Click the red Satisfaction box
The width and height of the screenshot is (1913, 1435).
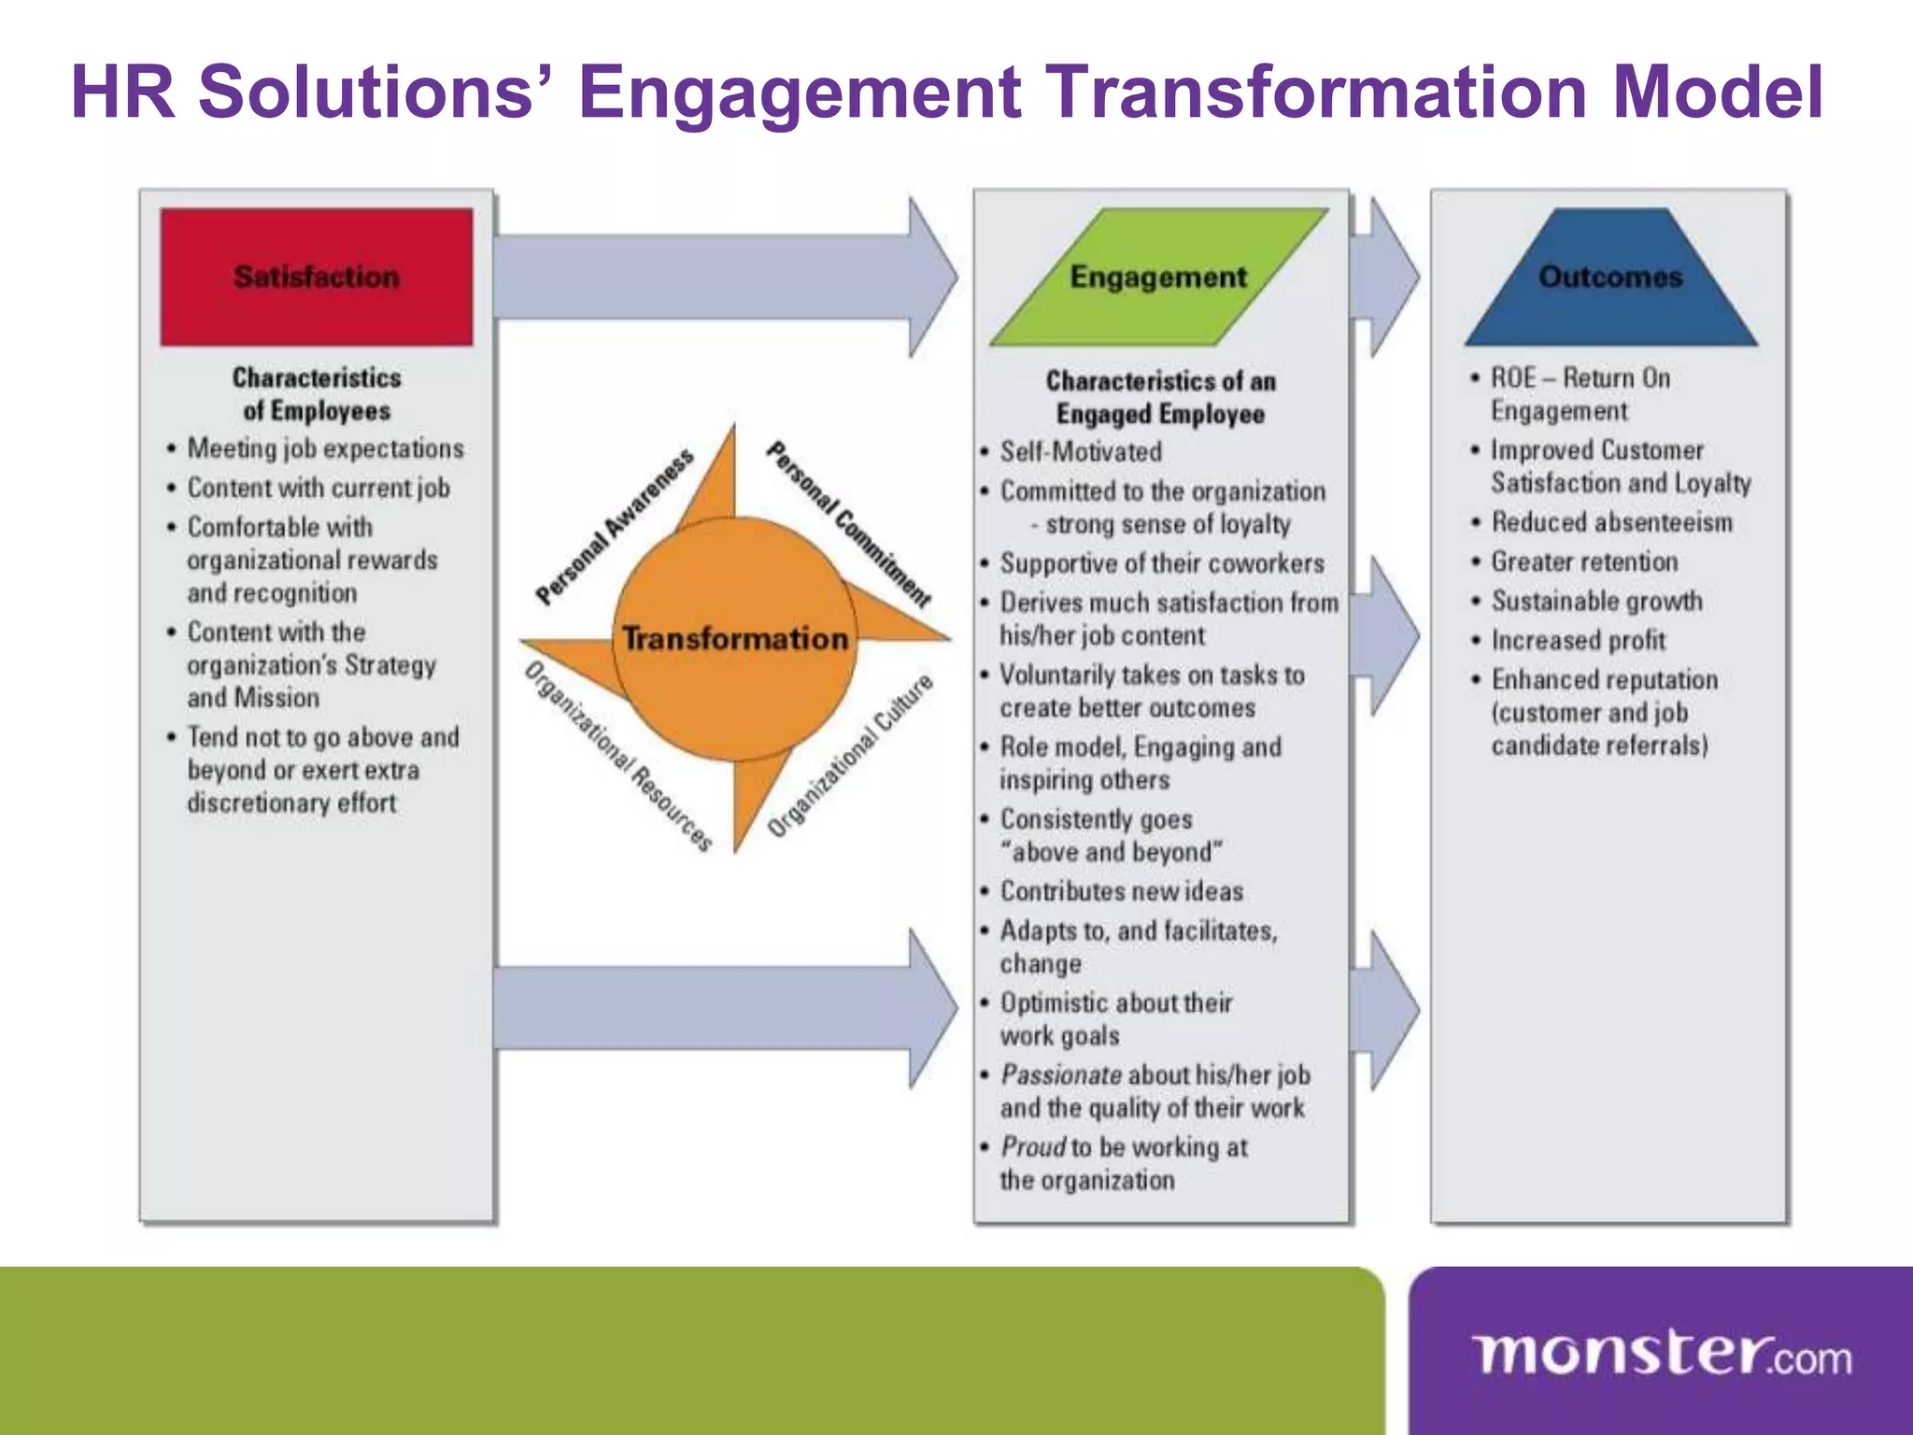316,277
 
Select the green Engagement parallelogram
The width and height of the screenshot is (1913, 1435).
1158,277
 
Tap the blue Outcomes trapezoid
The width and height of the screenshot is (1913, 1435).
1610,277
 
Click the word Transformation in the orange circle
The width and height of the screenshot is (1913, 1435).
735,639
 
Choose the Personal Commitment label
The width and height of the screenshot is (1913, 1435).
848,524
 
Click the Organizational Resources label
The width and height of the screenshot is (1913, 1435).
618,757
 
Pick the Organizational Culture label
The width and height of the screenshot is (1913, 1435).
850,755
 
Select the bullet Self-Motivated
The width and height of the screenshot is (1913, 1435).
1081,452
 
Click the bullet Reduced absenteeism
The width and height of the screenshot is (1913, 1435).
1611,522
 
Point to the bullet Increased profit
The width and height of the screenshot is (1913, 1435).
1578,641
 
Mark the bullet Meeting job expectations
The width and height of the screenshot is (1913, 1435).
325,448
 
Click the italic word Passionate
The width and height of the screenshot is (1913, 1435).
1061,1075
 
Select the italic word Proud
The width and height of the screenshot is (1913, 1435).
1033,1147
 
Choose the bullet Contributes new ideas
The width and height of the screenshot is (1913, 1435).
1121,891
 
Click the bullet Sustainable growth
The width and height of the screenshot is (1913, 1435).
1596,602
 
